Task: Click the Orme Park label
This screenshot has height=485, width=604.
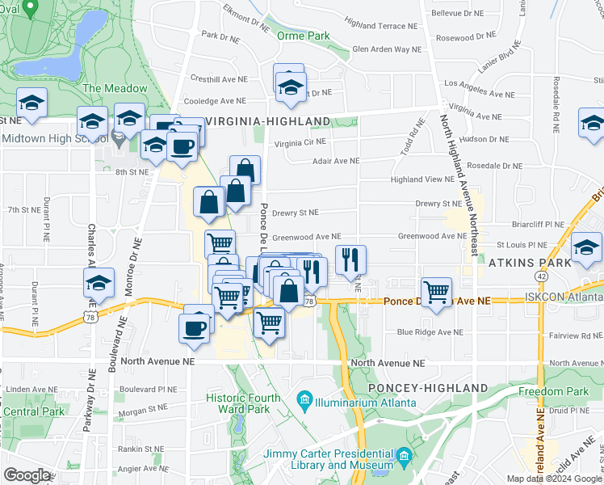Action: (304, 36)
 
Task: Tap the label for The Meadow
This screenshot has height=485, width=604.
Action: (115, 88)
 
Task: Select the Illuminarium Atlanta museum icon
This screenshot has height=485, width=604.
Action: (304, 399)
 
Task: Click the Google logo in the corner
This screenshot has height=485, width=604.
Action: (27, 475)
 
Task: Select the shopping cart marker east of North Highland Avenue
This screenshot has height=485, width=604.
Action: (436, 291)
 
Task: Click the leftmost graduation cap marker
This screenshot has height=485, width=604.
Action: (31, 103)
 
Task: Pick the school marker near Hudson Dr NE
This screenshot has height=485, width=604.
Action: (593, 123)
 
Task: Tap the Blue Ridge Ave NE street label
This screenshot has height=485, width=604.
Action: (430, 332)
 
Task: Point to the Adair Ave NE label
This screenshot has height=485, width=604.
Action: (336, 161)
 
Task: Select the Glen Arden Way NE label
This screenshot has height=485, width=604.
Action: (387, 49)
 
